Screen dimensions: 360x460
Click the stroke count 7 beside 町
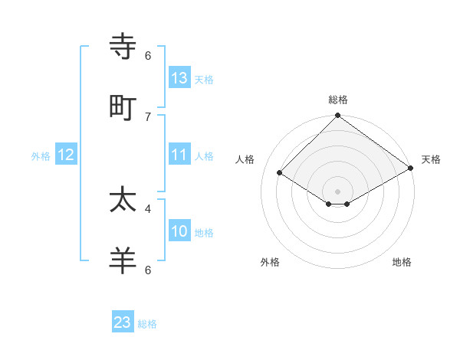click(148, 116)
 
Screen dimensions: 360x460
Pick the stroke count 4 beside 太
click(148, 208)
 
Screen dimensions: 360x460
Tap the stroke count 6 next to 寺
click(148, 56)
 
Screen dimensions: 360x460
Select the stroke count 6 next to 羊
click(148, 270)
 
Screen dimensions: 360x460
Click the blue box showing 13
click(179, 78)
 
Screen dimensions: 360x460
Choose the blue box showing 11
click(179, 155)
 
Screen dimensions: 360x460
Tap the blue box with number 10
click(179, 231)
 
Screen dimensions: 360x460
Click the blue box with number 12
click(66, 155)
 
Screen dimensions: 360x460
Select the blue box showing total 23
click(123, 322)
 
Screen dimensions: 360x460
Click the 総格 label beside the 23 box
click(147, 324)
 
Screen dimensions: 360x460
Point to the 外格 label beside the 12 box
click(41, 156)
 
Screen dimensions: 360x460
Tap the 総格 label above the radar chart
click(338, 100)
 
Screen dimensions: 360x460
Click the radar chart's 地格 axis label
click(402, 262)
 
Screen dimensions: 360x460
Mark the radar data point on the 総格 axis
click(337, 116)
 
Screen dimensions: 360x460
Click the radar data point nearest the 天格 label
click(411, 169)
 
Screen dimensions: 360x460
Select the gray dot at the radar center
click(337, 191)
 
